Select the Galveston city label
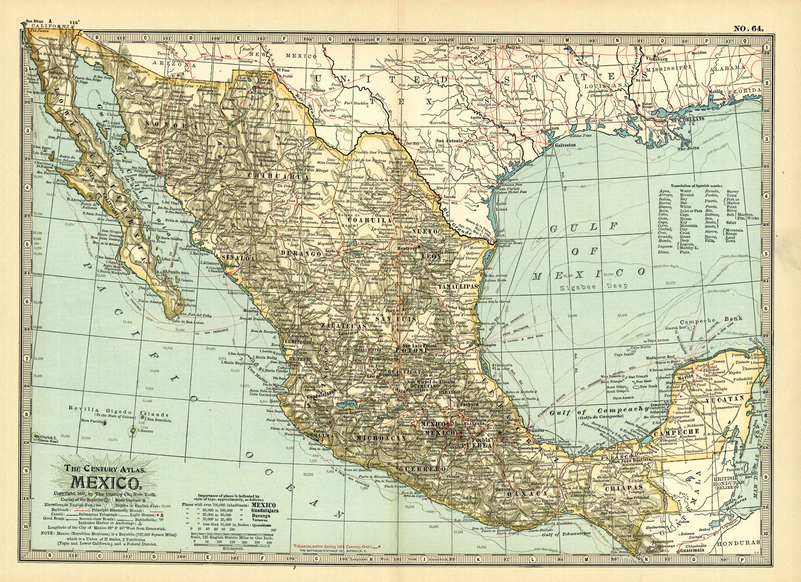pos(565,145)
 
